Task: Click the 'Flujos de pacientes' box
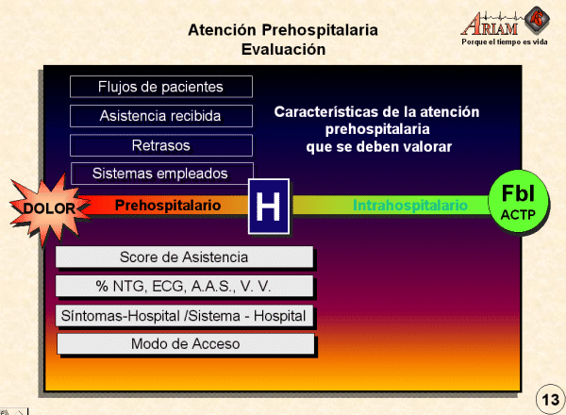point(161,87)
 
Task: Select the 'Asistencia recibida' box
point(161,116)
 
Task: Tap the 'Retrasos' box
point(161,145)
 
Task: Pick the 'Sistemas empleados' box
point(162,174)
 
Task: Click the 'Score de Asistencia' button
point(184,257)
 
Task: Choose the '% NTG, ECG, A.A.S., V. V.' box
point(184,286)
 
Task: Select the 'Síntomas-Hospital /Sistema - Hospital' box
point(184,316)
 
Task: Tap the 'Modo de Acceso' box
point(186,344)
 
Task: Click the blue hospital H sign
point(269,206)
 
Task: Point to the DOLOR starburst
point(49,208)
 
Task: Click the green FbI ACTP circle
point(518,202)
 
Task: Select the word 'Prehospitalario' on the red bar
point(168,205)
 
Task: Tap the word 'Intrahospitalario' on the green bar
point(410,205)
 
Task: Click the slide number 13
point(550,400)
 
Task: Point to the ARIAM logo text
point(491,25)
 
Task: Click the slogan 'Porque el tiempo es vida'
point(505,41)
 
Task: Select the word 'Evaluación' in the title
point(283,49)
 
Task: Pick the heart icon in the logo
point(537,19)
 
